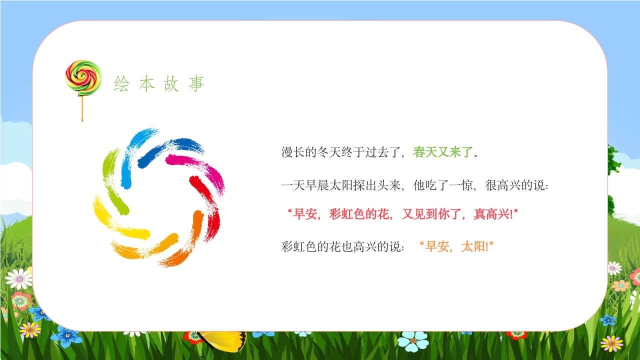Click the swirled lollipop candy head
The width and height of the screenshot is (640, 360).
[83, 77]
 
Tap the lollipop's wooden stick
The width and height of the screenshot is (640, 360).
[82, 108]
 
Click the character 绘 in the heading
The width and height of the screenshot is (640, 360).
[121, 84]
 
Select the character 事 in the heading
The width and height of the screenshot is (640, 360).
[196, 84]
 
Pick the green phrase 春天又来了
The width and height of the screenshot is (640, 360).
[442, 152]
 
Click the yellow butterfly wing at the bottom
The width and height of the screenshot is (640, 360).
[225, 340]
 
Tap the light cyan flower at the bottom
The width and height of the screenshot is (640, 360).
[413, 341]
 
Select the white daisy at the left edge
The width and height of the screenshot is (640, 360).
[19, 278]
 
